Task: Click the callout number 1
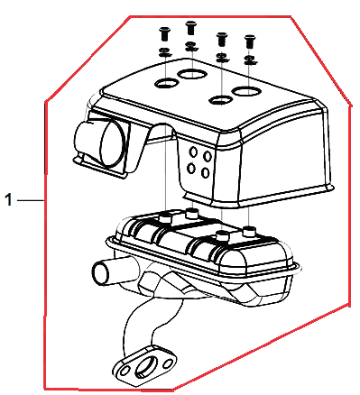pos(9,200)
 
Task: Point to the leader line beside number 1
pos(31,199)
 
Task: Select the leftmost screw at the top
pos(164,33)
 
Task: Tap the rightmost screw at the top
pos(249,41)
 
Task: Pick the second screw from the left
pos(190,28)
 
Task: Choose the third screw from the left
pos(222,40)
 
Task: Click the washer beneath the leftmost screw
pos(164,52)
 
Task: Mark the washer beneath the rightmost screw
pos(250,60)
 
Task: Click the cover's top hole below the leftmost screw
pos(167,83)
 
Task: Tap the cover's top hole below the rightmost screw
pos(246,91)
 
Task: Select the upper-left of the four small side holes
pos(193,152)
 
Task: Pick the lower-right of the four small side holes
pos(206,173)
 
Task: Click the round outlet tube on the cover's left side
pos(99,143)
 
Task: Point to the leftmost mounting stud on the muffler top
pos(165,217)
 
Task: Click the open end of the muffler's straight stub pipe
pos(100,273)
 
